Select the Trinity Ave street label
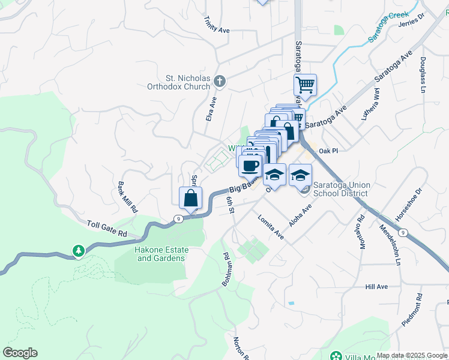tap(217, 25)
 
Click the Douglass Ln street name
tap(423, 74)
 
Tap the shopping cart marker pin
tap(305, 85)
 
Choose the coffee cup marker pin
tap(250, 165)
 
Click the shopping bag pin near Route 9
tap(190, 197)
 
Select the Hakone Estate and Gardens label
tap(161, 254)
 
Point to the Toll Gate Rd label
tap(107, 228)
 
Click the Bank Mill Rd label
tap(128, 198)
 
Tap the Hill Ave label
tap(377, 287)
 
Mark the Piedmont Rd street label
tap(412, 310)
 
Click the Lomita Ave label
tap(271, 227)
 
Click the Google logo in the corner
tap(20, 353)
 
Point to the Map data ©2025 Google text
tap(412, 355)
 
